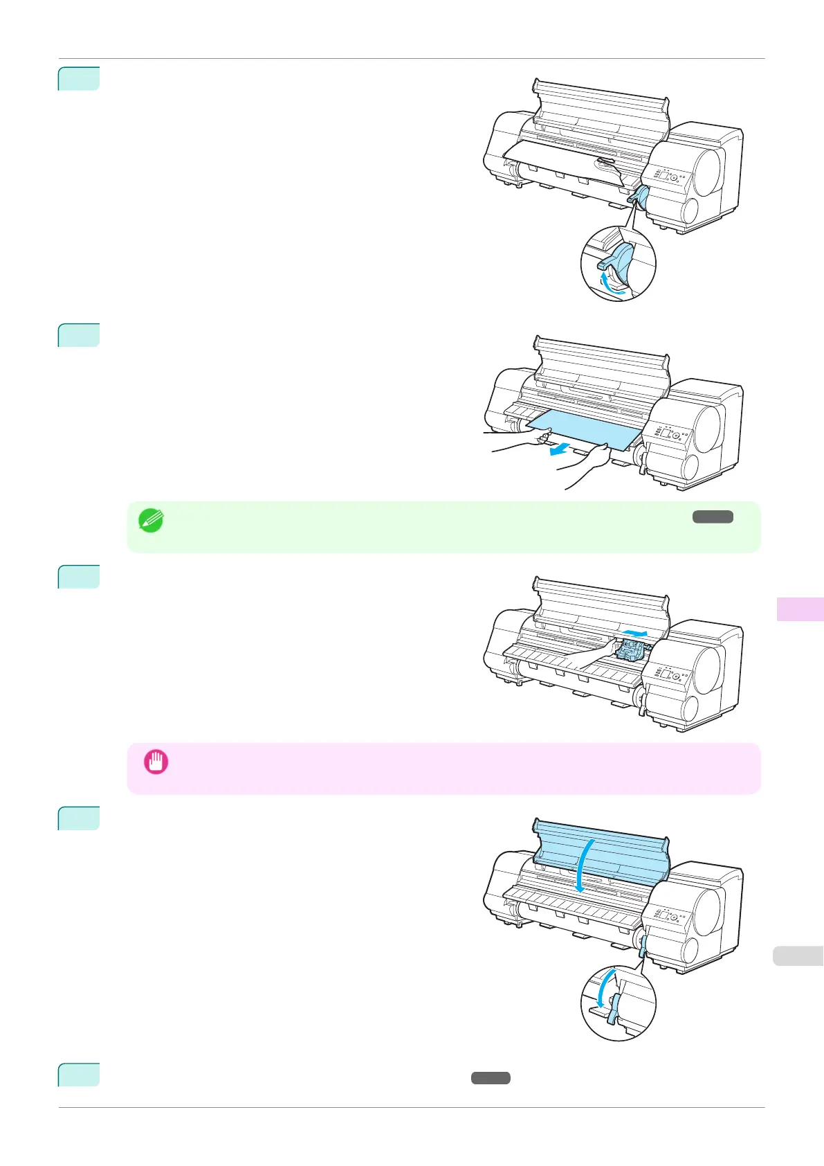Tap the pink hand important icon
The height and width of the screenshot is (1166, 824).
156,762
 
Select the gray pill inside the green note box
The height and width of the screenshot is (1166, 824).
713,517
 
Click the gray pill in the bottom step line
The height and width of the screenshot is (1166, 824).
491,1078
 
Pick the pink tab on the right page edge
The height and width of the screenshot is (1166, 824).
800,609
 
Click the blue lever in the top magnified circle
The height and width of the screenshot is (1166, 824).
619,260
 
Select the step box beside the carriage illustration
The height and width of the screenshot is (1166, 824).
79,577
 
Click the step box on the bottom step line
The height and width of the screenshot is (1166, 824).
79,1075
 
